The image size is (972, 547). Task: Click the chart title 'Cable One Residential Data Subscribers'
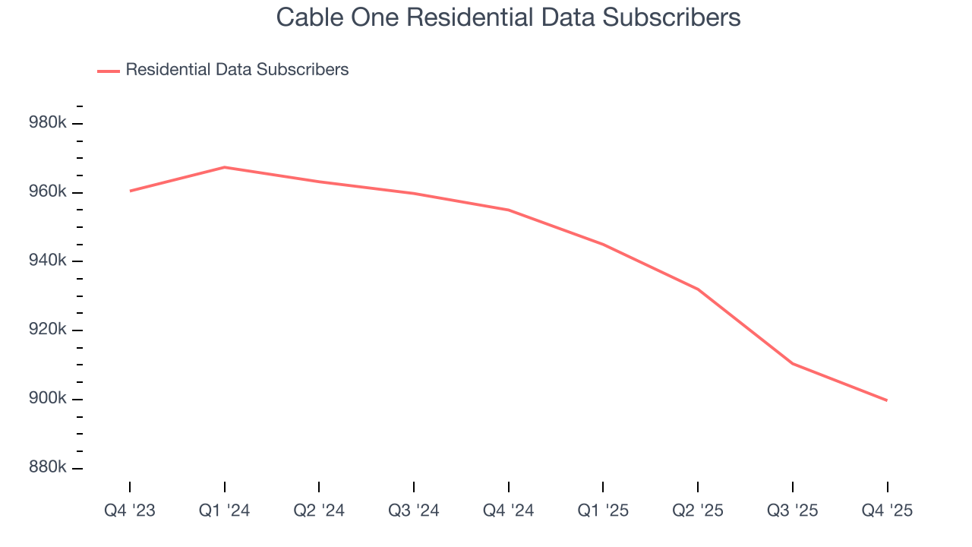coord(508,17)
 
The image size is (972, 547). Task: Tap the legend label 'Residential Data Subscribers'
coord(237,70)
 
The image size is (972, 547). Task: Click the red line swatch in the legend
coord(109,71)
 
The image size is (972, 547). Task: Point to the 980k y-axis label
coord(47,123)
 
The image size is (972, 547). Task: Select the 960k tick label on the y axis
coord(47,192)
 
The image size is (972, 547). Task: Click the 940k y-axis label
coord(47,261)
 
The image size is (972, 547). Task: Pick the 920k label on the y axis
coord(47,330)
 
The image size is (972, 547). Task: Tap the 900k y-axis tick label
coord(47,399)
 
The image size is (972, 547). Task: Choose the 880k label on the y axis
coord(47,467)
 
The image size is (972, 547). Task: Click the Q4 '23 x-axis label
coord(130,511)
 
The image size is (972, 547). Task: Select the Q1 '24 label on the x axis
coord(224,511)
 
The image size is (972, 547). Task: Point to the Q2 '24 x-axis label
coord(319,511)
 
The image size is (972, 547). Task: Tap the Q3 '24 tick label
coord(414,511)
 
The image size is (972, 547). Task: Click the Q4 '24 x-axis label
coord(508,511)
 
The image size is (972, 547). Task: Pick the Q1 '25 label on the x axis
coord(603,511)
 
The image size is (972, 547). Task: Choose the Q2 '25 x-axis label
coord(698,511)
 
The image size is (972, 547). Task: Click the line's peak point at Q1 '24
coord(225,167)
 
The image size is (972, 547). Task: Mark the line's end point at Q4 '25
coord(887,400)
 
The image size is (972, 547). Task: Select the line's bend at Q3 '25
coord(793,364)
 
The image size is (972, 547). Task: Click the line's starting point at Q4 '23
coord(130,191)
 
